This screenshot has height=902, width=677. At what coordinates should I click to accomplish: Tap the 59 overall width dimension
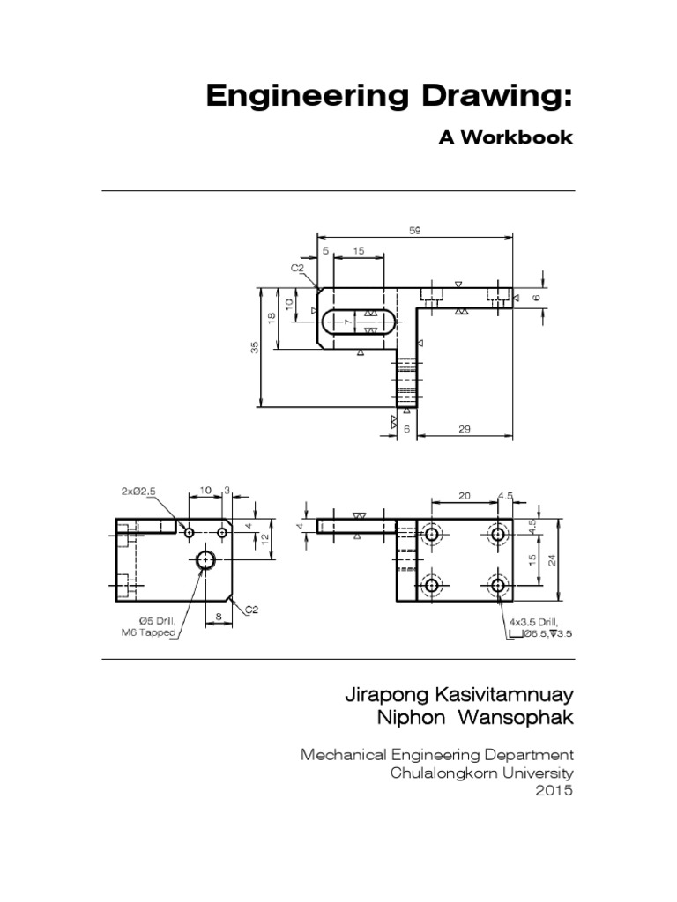pos(415,231)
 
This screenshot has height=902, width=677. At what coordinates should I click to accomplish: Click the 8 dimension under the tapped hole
pos(218,618)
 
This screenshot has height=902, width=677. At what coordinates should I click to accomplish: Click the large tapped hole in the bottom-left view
pos(207,559)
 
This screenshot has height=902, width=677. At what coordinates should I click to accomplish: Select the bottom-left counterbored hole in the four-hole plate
pos(432,585)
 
